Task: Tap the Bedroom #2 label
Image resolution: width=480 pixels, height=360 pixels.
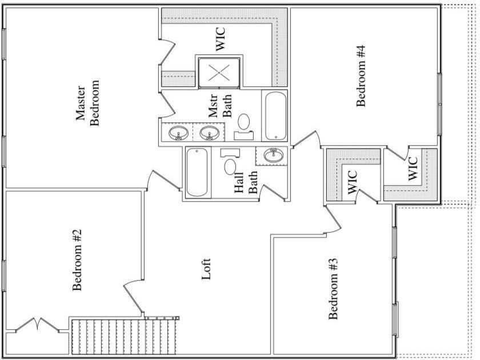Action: point(79,260)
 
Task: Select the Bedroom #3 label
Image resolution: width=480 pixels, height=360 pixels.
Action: point(334,289)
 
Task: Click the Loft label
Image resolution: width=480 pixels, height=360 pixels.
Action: point(207,269)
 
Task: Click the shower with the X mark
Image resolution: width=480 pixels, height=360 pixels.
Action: point(218,73)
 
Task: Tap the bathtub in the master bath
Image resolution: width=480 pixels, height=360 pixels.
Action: point(275,115)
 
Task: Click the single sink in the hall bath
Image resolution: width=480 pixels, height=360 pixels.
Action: point(272,155)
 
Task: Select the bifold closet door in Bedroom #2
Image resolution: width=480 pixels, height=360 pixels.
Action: point(37,326)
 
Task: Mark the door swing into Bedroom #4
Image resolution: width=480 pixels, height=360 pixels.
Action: point(307,139)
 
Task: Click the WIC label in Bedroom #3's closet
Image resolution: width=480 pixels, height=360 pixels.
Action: point(352,182)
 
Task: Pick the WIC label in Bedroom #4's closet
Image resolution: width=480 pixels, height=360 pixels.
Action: point(413,169)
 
